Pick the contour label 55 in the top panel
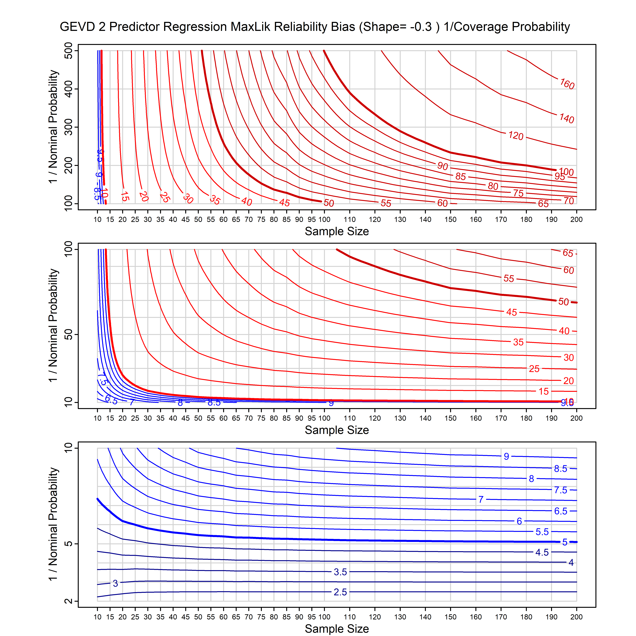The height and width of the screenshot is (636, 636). coord(386,203)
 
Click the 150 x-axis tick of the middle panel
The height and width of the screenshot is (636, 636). coord(450,418)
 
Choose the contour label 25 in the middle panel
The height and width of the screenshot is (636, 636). coord(534,369)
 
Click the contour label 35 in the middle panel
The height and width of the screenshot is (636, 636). coord(518,342)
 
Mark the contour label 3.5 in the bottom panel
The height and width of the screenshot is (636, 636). coord(340,572)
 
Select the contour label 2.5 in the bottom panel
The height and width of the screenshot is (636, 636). coord(340,592)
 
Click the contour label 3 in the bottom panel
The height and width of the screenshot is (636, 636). coord(115,583)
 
